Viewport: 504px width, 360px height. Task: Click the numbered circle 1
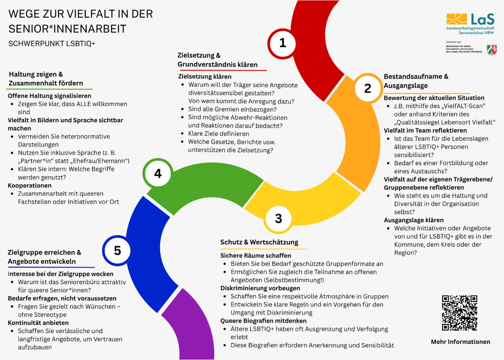click(x=283, y=43)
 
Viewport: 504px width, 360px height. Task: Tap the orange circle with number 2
click(x=367, y=89)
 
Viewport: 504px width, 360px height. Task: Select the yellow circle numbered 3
click(x=279, y=218)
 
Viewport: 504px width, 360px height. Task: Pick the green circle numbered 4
click(x=158, y=173)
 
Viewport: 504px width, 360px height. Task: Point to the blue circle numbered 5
click(x=118, y=250)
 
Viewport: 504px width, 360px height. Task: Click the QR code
click(x=460, y=313)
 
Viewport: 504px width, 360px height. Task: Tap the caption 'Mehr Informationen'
click(x=460, y=342)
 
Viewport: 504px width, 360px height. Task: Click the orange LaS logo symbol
click(x=457, y=19)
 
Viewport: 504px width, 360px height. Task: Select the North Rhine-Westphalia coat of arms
click(x=491, y=49)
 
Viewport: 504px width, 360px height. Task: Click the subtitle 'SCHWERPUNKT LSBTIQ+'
click(x=52, y=44)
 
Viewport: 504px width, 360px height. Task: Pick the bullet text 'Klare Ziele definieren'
click(x=219, y=134)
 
